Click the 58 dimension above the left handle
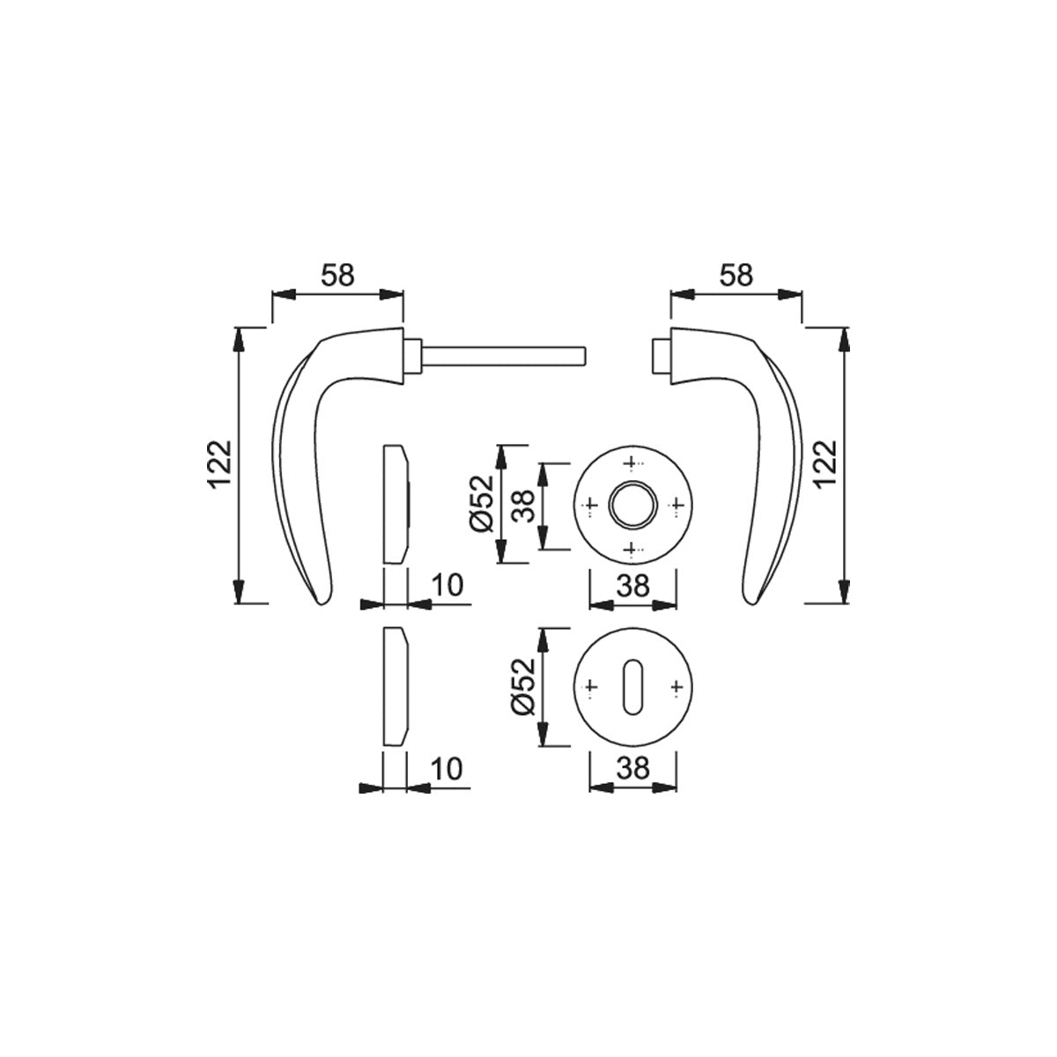[x=338, y=276]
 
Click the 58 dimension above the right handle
[x=736, y=276]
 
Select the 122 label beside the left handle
[x=220, y=464]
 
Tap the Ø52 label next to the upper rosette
[x=482, y=504]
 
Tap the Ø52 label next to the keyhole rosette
[x=522, y=686]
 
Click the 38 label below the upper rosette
[x=633, y=586]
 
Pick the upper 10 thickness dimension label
[x=448, y=585]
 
